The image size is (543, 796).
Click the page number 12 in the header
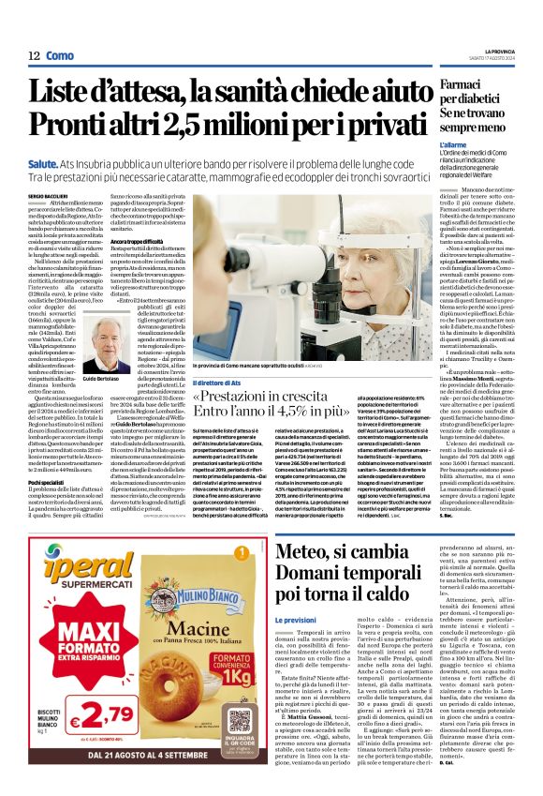pos(34,56)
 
